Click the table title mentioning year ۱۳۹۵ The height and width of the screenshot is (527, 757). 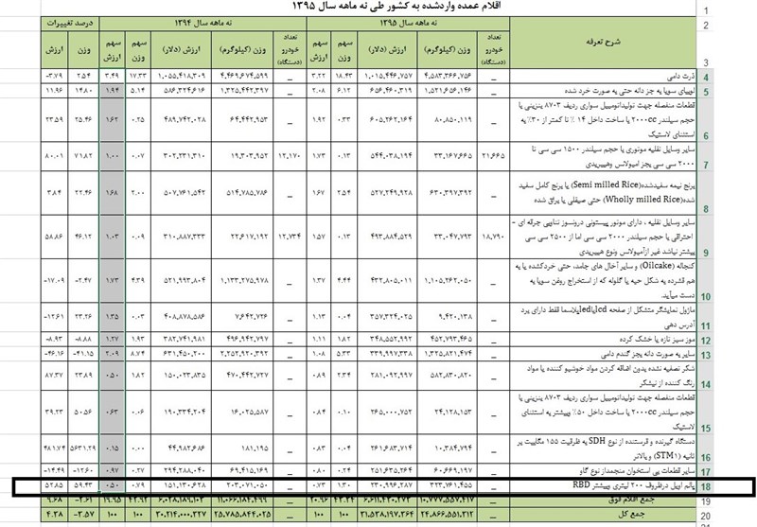click(378, 8)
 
